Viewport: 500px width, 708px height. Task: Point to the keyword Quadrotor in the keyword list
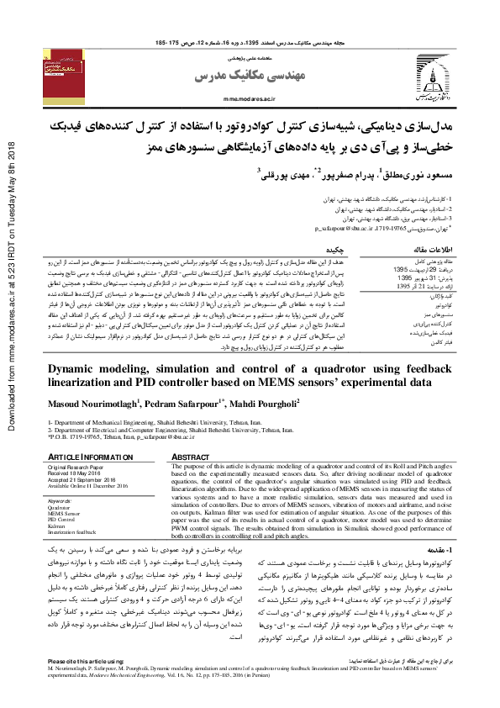(60, 508)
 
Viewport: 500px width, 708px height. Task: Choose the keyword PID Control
(62, 520)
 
